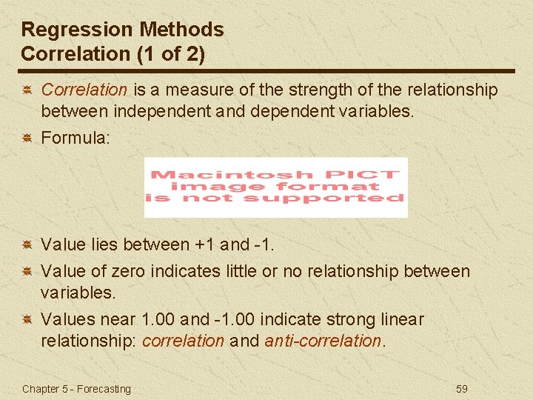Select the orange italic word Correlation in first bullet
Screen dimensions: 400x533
pyautogui.click(x=84, y=90)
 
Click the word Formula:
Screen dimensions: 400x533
pyautogui.click(x=76, y=137)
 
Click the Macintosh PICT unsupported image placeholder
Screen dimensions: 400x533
pyautogui.click(x=275, y=187)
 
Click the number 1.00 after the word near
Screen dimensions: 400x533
pyautogui.click(x=158, y=320)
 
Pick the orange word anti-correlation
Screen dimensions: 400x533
pyautogui.click(x=323, y=341)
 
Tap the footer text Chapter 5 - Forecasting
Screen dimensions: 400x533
pyautogui.click(x=76, y=389)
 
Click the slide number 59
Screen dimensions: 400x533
pyautogui.click(x=461, y=389)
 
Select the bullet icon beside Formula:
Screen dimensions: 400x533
pyautogui.click(x=26, y=138)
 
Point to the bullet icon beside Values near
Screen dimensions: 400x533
pyautogui.click(x=26, y=320)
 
